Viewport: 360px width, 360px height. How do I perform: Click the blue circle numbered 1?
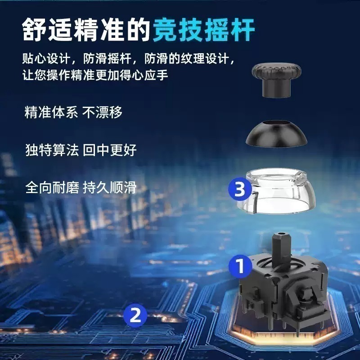click(240, 265)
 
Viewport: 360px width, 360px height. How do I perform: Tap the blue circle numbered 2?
click(135, 315)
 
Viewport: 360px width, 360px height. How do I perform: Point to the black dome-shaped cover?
click(276, 135)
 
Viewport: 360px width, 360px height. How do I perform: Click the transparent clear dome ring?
click(276, 191)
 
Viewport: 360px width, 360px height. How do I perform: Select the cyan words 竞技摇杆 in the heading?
click(204, 29)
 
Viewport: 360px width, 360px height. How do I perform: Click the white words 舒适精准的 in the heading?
click(87, 29)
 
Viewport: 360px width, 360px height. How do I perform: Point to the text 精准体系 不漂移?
click(73, 112)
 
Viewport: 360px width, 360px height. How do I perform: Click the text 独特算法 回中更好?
click(81, 149)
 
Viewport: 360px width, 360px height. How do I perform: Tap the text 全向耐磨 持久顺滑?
click(81, 186)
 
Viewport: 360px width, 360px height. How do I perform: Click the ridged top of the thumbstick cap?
click(276, 70)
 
